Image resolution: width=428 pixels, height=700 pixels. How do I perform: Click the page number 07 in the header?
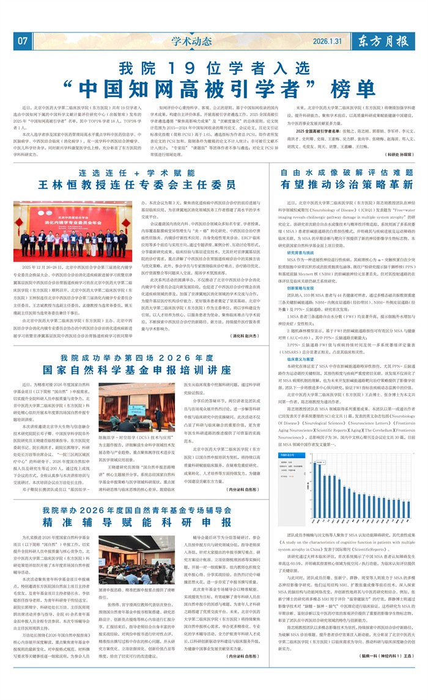pyautogui.click(x=23, y=42)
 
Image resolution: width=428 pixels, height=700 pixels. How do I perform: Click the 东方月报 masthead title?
pyautogui.click(x=386, y=41)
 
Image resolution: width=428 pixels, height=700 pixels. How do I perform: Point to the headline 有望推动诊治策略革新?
pyautogui.click(x=347, y=184)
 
